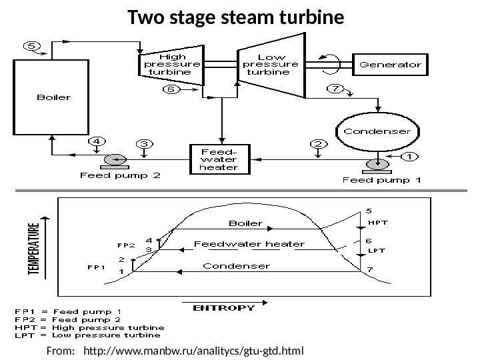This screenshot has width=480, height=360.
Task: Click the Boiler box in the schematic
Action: tap(53, 97)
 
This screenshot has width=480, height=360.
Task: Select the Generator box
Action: tap(391, 65)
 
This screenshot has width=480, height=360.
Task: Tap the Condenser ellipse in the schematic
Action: tap(377, 132)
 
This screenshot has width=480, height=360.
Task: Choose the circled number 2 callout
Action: tap(319, 144)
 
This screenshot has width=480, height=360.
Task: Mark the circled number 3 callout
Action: tap(145, 143)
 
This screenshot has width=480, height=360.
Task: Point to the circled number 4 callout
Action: tap(97, 141)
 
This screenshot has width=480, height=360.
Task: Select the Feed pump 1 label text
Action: tap(375, 179)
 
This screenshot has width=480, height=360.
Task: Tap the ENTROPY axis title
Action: tap(223, 308)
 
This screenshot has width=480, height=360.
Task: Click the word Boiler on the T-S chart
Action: tap(246, 223)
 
